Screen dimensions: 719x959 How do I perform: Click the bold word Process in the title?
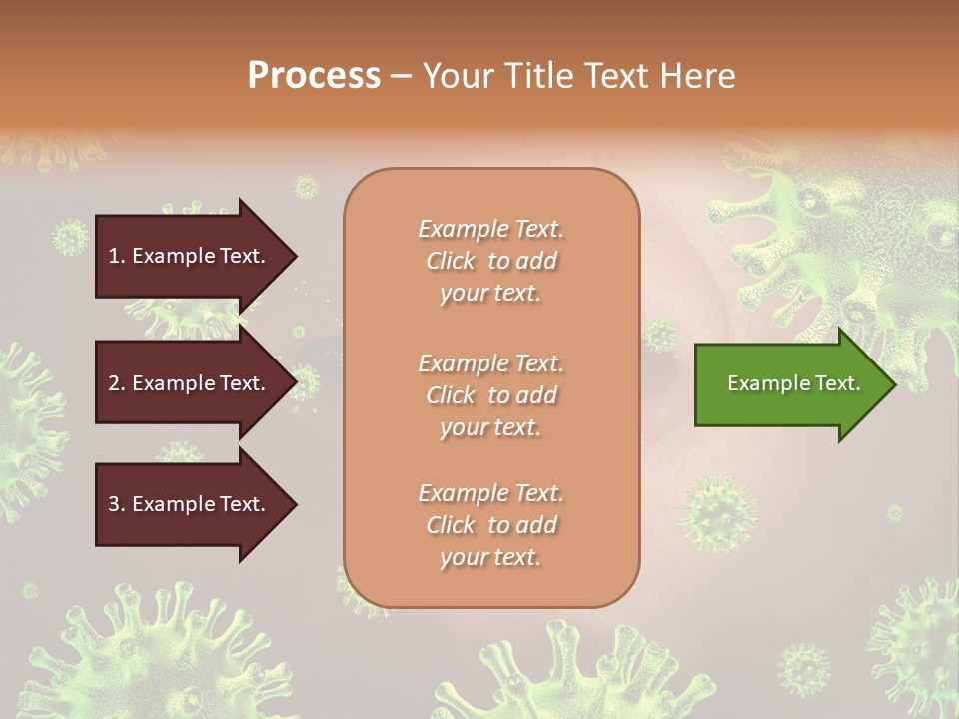click(x=314, y=75)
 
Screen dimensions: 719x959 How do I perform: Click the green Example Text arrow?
click(x=794, y=383)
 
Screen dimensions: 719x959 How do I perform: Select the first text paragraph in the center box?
click(x=490, y=261)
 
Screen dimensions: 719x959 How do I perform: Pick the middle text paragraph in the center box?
click(x=490, y=395)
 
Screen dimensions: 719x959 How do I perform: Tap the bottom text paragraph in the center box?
click(x=490, y=525)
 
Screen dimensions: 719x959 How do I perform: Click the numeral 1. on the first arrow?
click(x=116, y=256)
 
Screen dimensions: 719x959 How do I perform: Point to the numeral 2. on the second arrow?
click(x=116, y=383)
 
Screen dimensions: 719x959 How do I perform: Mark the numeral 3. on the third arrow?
click(x=116, y=504)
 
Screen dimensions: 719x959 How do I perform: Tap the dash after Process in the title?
click(x=401, y=76)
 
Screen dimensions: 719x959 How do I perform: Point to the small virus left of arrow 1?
click(x=69, y=238)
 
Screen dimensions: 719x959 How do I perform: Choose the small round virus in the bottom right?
click(x=803, y=668)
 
